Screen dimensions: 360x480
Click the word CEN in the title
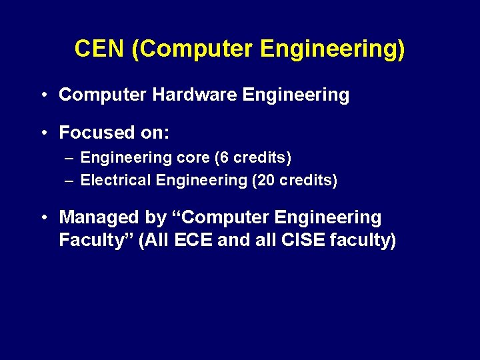(x=99, y=49)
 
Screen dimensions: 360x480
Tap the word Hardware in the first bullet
(x=194, y=95)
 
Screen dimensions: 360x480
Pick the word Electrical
(x=117, y=180)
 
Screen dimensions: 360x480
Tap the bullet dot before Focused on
(x=42, y=133)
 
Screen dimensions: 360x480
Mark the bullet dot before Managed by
(x=42, y=218)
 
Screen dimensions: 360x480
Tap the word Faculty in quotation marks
(x=89, y=240)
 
